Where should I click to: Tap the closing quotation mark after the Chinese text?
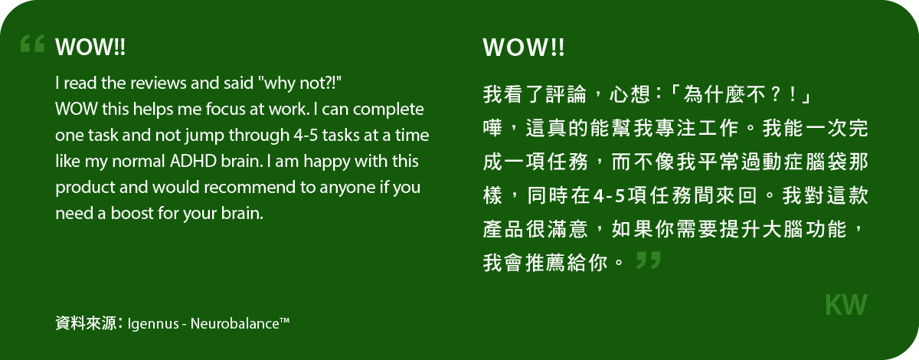(x=648, y=260)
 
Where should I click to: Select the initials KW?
(x=846, y=305)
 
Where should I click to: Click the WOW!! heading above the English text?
(x=90, y=47)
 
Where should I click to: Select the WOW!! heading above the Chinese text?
(x=524, y=47)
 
